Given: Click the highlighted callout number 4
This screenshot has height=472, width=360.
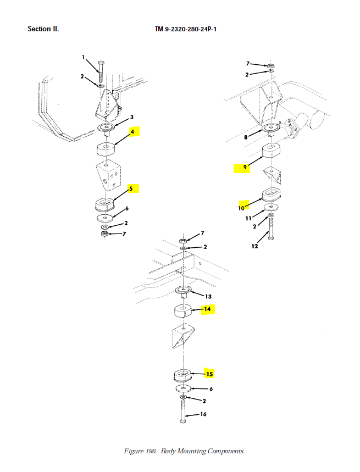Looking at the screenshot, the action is pyautogui.click(x=132, y=131).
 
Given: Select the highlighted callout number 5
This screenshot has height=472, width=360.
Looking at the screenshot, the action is pyautogui.click(x=131, y=188).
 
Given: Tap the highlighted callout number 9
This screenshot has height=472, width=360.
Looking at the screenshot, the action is pyautogui.click(x=245, y=167).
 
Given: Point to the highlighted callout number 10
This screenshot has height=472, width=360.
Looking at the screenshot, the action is pyautogui.click(x=241, y=208).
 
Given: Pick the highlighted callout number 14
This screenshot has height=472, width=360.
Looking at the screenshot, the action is pyautogui.click(x=207, y=309).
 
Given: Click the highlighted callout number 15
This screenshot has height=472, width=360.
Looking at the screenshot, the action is pyautogui.click(x=209, y=374).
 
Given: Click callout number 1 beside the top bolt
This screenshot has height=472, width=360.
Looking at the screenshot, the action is pyautogui.click(x=84, y=57).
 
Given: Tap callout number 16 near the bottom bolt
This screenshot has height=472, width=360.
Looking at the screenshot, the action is pyautogui.click(x=203, y=414).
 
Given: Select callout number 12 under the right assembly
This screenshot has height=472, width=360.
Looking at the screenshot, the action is pyautogui.click(x=254, y=246).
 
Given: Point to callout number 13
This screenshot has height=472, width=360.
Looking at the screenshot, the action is pyautogui.click(x=208, y=297).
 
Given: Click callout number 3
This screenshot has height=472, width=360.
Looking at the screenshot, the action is pyautogui.click(x=131, y=117).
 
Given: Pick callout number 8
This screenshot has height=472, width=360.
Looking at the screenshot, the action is pyautogui.click(x=246, y=137).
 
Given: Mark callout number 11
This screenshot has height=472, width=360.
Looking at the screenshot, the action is pyautogui.click(x=248, y=218).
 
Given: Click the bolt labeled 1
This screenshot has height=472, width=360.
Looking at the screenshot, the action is pyautogui.click(x=101, y=72).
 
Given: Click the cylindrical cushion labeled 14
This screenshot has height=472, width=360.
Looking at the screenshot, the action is pyautogui.click(x=183, y=310).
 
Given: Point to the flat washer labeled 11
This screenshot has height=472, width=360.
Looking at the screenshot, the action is pyautogui.click(x=271, y=207).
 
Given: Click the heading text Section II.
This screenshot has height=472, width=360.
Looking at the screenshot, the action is pyautogui.click(x=43, y=29).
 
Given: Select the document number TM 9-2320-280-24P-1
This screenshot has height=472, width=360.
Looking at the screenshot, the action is pyautogui.click(x=186, y=29).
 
